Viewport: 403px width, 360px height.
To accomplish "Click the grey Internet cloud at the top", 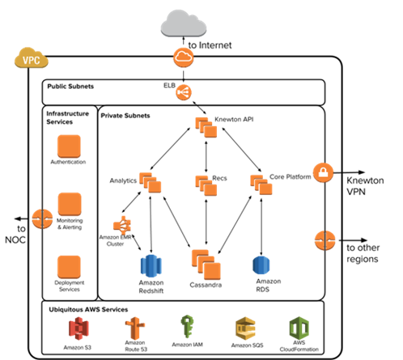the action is (184, 23).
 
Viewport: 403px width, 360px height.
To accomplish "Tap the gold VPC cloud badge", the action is (32, 58).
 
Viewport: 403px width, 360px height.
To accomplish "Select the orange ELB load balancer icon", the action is (184, 92).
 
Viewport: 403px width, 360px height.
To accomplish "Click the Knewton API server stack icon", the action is (206, 127).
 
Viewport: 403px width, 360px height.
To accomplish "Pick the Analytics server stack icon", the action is (150, 183).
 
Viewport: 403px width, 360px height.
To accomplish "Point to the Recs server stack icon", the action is (206, 185).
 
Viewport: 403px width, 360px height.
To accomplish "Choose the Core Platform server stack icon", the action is (261, 184).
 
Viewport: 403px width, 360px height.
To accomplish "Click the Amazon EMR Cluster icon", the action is (122, 226).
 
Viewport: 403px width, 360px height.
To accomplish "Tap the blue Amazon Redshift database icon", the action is (151, 266).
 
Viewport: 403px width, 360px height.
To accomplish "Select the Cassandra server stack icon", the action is (206, 265).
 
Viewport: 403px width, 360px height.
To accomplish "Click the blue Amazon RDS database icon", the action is (261, 265).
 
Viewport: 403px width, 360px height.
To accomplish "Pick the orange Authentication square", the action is (69, 146).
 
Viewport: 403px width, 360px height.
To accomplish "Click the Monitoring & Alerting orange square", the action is (70, 204).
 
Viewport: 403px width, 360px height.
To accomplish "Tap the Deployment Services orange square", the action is (69, 267).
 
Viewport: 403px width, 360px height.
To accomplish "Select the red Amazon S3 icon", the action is (78, 328).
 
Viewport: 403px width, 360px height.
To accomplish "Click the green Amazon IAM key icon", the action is (187, 326).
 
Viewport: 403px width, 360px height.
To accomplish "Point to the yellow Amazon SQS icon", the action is (245, 328).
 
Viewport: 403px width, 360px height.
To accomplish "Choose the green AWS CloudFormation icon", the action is (299, 328).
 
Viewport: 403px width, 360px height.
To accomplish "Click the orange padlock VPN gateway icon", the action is (323, 172).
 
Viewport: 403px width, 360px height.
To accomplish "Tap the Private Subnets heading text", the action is (125, 116).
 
